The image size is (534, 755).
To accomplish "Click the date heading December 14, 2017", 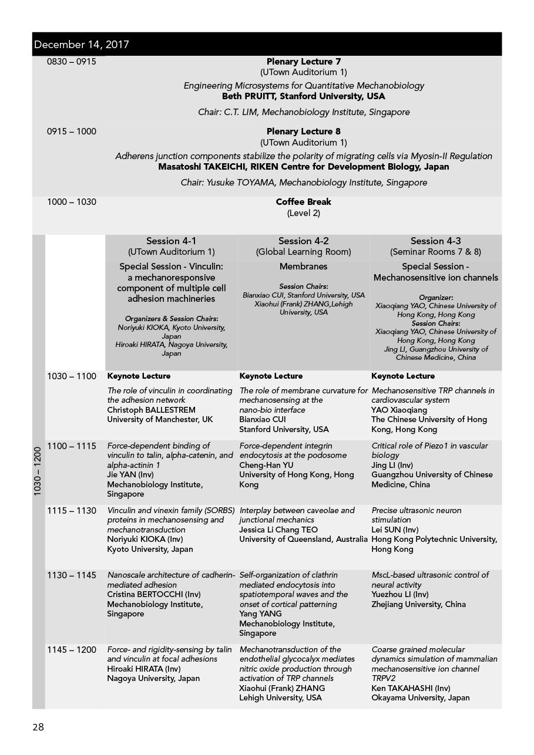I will click(x=82, y=45).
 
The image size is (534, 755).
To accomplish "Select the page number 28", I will click(x=38, y=727).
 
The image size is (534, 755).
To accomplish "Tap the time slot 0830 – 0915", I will click(x=71, y=62).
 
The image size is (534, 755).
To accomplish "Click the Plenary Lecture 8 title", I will click(x=303, y=132).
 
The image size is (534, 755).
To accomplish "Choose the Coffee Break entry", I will click(x=303, y=202).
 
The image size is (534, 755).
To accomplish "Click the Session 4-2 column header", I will click(x=303, y=241).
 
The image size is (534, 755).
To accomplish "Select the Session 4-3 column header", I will click(x=435, y=241).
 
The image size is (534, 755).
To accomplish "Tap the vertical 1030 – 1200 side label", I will click(x=38, y=472).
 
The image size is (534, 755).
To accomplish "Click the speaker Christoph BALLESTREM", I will click(x=151, y=410).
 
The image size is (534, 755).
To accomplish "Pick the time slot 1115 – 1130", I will click(x=71, y=511).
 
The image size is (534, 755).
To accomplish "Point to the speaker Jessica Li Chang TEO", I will click(x=278, y=530).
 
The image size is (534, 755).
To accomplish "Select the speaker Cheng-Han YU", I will click(x=266, y=465).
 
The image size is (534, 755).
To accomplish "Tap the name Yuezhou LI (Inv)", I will click(x=399, y=595).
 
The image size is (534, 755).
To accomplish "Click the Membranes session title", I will click(x=303, y=267).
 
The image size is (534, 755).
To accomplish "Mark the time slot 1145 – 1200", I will click(x=71, y=650).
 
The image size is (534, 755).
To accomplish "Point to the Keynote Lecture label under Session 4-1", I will click(x=139, y=376).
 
